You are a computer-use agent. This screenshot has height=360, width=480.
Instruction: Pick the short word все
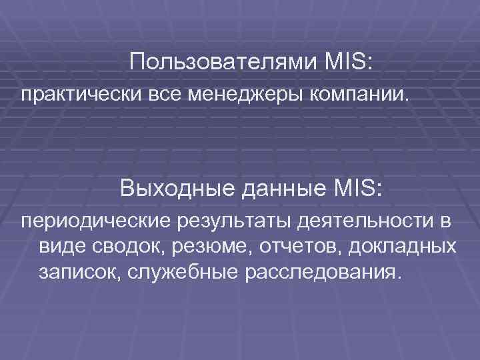tap(163, 95)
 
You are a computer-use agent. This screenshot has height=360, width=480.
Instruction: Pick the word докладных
tap(403, 246)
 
